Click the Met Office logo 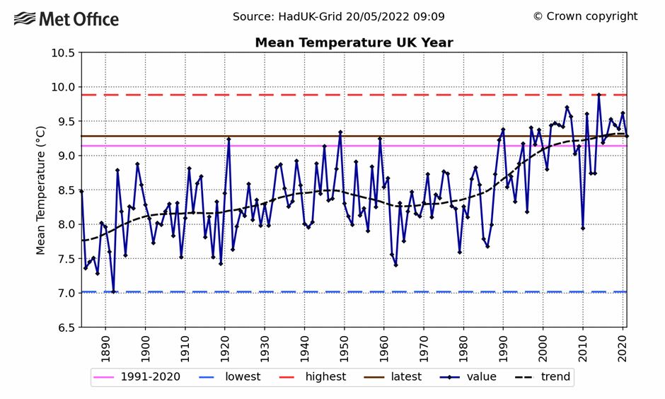pyautogui.click(x=66, y=19)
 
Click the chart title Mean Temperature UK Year pyautogui.click(x=354, y=43)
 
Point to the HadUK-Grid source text pyautogui.click(x=339, y=16)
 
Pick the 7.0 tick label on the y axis pyautogui.click(x=63, y=293)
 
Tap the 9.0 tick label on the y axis pyautogui.click(x=63, y=156)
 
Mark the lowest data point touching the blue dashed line pyautogui.click(x=113, y=291)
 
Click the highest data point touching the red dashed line pyautogui.click(x=598, y=95)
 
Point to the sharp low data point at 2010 pyautogui.click(x=583, y=228)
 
